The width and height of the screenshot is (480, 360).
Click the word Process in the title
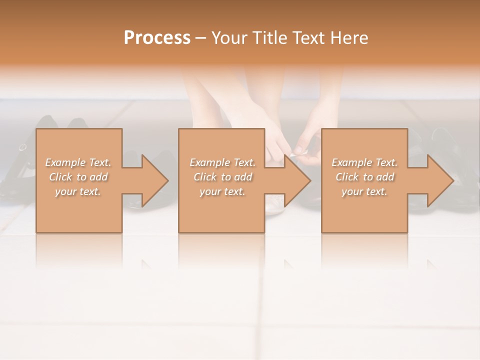[157, 38]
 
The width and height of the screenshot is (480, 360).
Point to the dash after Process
[201, 38]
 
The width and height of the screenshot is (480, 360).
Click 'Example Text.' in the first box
[78, 162]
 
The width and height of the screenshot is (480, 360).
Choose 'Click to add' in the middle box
[222, 177]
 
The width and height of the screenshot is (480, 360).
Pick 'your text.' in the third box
[364, 191]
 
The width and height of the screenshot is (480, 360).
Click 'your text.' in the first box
[78, 191]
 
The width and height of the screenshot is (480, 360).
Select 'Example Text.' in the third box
[364, 162]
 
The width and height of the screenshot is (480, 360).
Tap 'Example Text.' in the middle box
[222, 162]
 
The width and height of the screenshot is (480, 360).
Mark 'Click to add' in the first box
[78, 177]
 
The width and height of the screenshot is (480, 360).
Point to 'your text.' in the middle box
[222, 191]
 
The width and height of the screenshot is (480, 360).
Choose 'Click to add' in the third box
[364, 177]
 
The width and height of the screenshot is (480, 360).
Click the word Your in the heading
[228, 38]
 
